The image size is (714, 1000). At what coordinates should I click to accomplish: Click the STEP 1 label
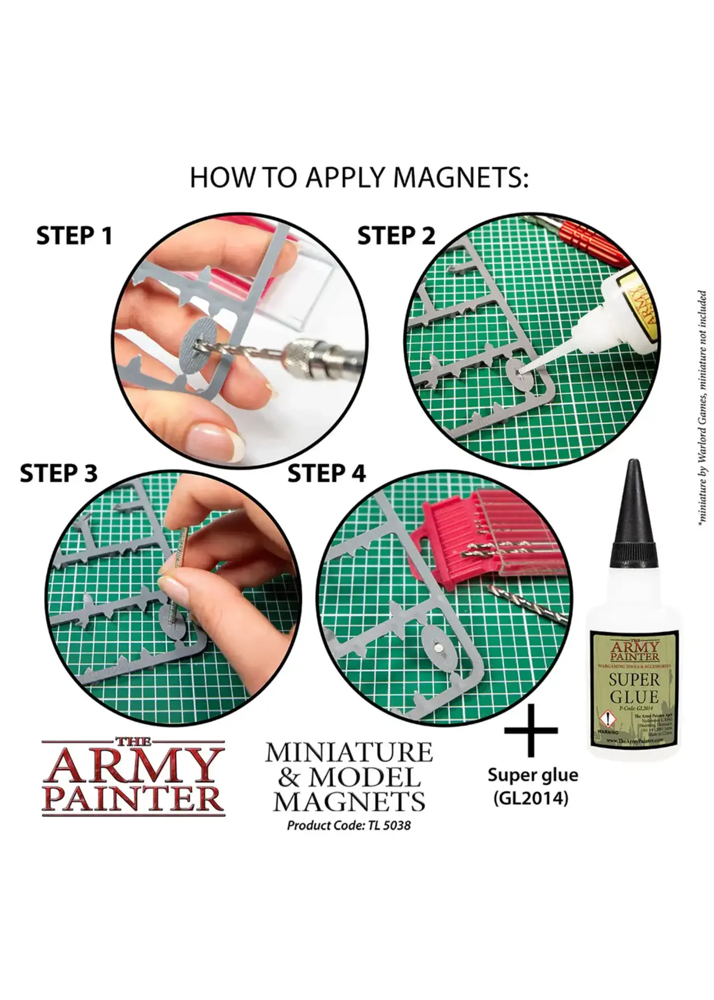74,236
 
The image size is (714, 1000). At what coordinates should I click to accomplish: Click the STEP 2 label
396,236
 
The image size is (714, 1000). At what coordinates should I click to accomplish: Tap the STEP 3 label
58,473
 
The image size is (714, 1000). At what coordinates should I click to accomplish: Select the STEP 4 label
326,473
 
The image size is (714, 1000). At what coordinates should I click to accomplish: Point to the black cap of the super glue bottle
634,514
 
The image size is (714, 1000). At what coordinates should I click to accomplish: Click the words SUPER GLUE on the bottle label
634,688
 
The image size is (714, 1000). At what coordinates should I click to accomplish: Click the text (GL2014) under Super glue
531,798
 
